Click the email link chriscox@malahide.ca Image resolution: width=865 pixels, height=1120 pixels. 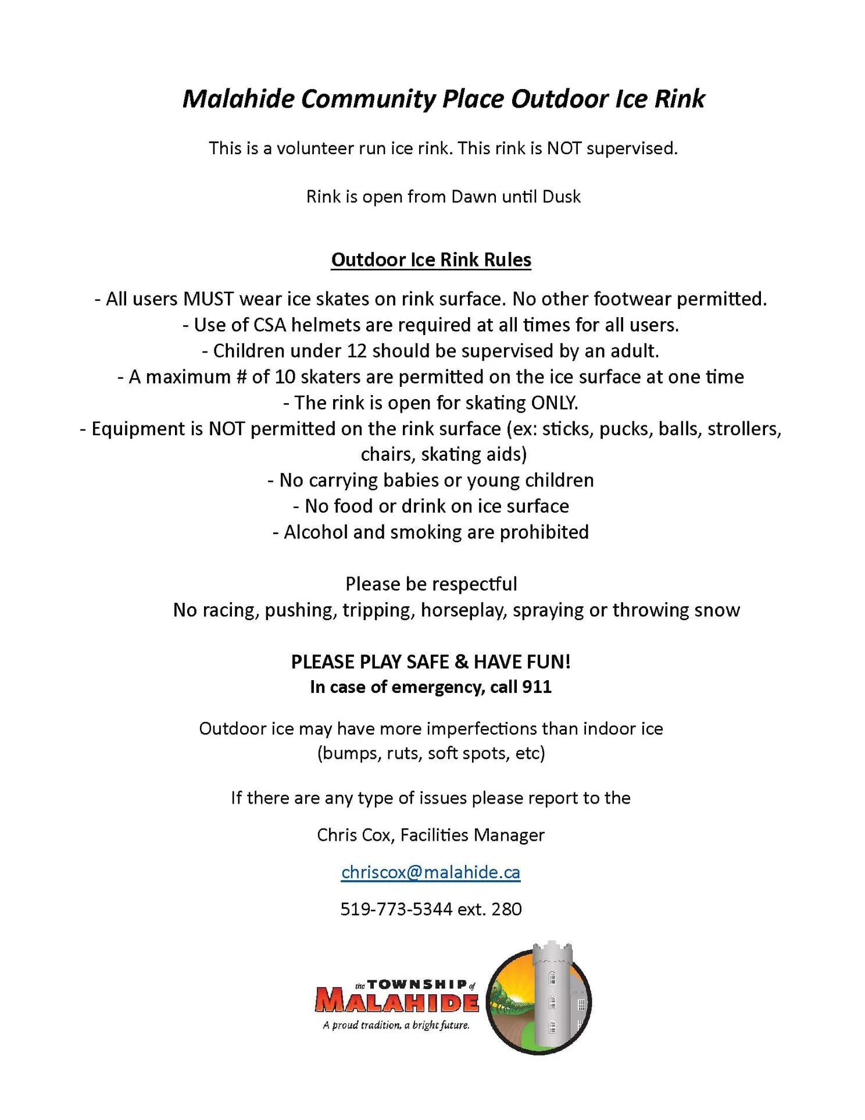point(431,872)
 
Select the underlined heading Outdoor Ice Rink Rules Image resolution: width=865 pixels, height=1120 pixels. point(431,259)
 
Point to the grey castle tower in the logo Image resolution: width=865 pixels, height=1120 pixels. point(552,995)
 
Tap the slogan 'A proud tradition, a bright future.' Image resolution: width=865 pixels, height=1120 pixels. point(396,1025)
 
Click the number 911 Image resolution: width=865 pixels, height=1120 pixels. point(537,687)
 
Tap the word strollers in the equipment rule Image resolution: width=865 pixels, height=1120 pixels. point(742,429)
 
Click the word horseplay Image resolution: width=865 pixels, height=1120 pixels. point(463,610)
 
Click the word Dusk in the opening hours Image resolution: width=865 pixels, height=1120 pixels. point(561,197)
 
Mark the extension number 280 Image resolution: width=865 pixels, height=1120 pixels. point(506,909)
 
